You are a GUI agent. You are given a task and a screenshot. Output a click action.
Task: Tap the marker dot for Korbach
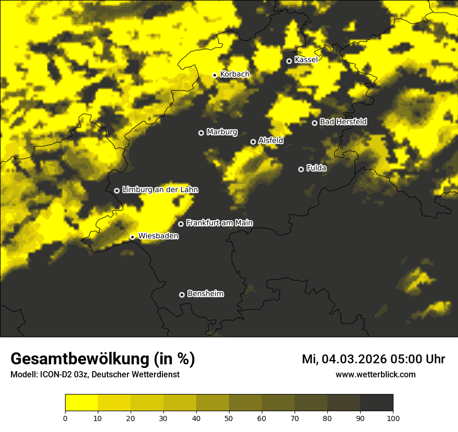pos(214,75)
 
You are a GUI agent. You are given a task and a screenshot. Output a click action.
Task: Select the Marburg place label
pos(222,132)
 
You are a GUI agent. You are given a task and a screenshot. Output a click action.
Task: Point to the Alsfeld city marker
pos(253,142)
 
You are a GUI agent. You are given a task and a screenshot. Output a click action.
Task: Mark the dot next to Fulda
pos(301,169)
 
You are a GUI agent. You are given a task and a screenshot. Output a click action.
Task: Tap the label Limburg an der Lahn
pos(160,190)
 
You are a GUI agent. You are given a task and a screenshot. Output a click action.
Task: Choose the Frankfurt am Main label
pos(219,223)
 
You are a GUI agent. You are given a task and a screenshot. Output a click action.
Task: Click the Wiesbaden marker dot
pos(133,237)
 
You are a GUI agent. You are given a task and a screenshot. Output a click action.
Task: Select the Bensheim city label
pos(205,294)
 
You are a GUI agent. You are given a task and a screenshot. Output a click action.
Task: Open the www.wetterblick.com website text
pos(375,374)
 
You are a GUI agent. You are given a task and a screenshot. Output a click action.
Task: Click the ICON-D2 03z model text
pos(62,375)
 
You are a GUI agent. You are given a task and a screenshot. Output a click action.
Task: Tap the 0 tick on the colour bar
pos(65,418)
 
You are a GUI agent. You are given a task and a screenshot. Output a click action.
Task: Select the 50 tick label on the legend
pos(229,418)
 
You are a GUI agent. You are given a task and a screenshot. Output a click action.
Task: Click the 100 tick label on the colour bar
pos(393,418)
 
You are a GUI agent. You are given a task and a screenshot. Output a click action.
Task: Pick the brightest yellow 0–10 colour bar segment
pos(81,403)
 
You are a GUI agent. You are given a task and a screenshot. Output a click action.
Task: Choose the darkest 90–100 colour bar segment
pos(376,403)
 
